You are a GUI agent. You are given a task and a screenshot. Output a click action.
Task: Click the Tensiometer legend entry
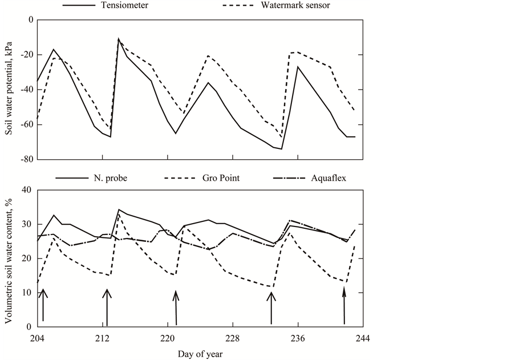(x=124, y=5)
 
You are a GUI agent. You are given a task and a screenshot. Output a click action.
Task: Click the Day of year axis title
(x=200, y=354)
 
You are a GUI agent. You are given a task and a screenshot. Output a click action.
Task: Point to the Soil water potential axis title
(x=9, y=90)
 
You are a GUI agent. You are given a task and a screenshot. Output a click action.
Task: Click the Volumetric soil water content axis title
(x=9, y=258)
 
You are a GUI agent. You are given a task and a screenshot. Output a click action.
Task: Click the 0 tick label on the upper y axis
(x=27, y=20)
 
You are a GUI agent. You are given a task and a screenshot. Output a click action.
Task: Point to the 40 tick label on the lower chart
(x=25, y=190)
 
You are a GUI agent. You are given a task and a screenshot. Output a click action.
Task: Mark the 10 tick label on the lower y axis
(x=25, y=293)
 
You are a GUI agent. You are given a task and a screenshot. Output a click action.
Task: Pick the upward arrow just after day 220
(x=176, y=308)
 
